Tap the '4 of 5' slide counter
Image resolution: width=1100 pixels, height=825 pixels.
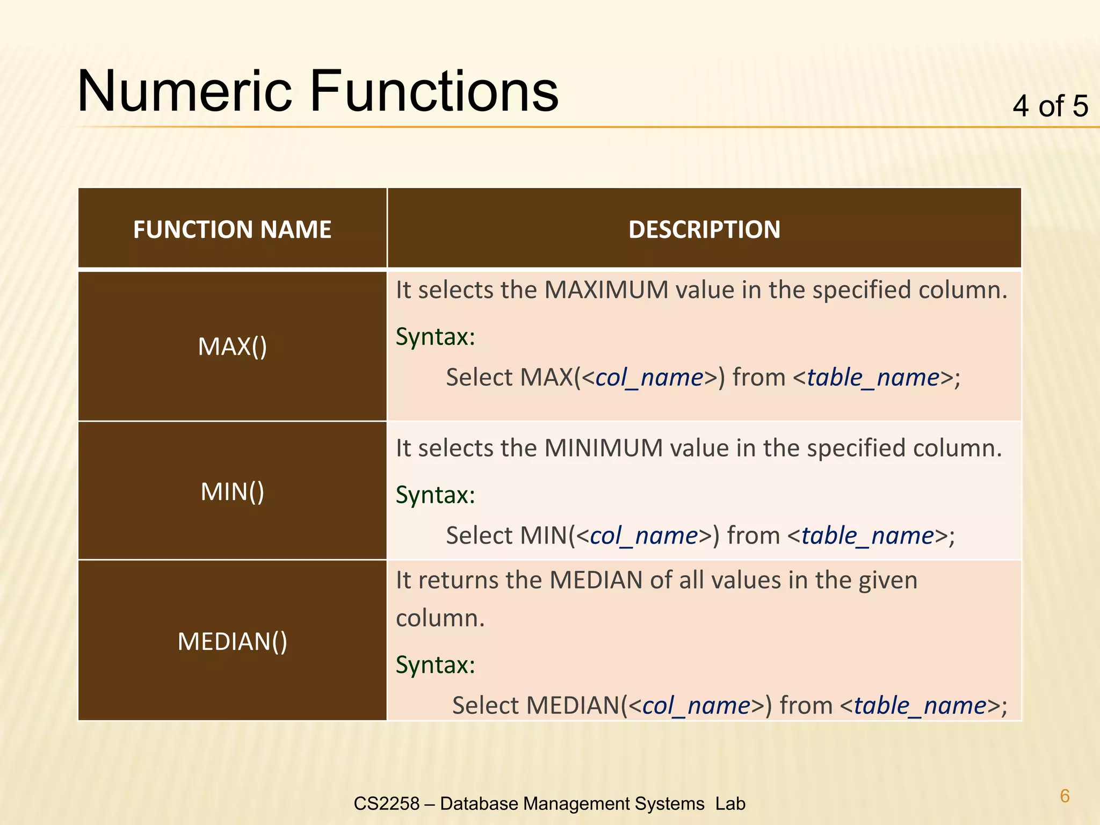coord(1050,106)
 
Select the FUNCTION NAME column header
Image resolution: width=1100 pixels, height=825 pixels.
coord(232,229)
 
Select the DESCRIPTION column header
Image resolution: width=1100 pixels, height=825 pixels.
coord(704,229)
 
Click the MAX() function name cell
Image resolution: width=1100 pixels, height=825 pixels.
coord(232,346)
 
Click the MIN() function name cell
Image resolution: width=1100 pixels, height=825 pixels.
coord(232,491)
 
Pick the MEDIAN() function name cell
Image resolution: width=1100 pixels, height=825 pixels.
coord(232,641)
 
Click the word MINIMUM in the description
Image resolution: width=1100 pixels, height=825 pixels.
coord(603,448)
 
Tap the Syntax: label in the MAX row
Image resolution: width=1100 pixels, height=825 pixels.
coord(435,337)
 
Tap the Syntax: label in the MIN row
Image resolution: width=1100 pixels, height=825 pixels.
coord(435,495)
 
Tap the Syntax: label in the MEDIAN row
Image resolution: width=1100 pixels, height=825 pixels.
coord(435,665)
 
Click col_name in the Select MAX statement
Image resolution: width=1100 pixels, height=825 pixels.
coord(649,378)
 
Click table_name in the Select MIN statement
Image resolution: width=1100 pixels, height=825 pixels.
coord(868,536)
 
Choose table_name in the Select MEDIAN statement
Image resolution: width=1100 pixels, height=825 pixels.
coord(920,706)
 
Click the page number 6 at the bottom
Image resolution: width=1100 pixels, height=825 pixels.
coord(1065,795)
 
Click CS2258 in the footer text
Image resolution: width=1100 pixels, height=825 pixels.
coord(386,804)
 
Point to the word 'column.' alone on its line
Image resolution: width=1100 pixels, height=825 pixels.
coord(440,618)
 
